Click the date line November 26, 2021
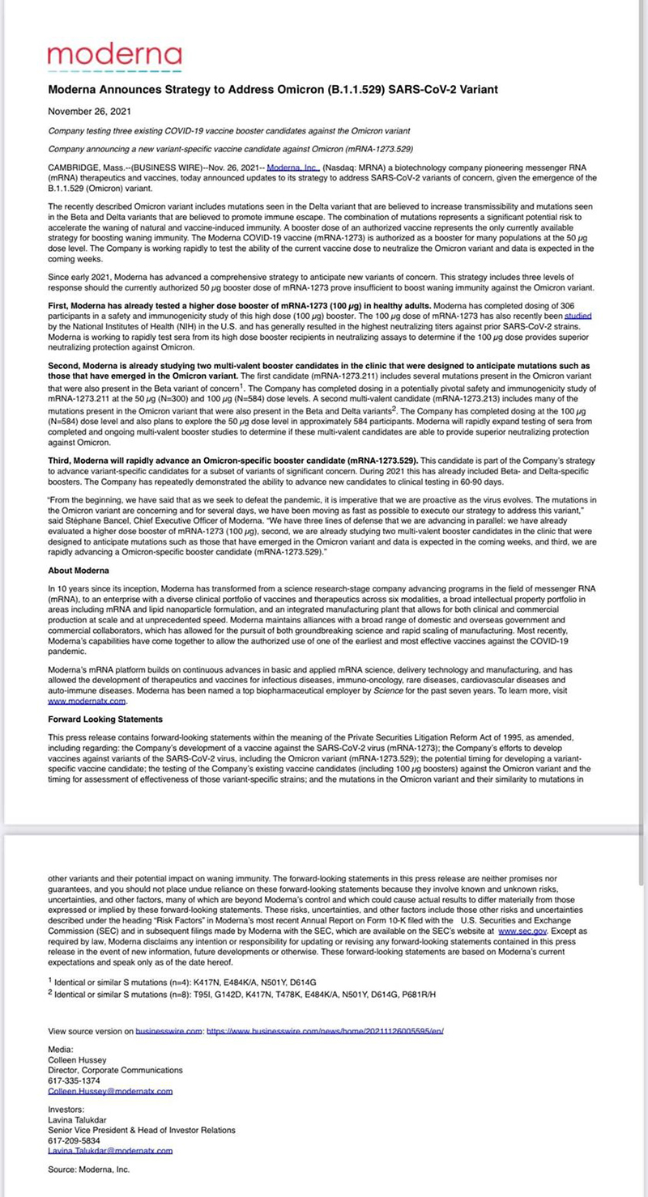click(89, 111)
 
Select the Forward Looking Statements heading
click(105, 719)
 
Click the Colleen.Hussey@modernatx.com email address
click(110, 1091)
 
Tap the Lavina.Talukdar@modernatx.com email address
click(110, 1150)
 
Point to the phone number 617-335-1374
click(75, 1080)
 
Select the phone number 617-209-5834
click(75, 1140)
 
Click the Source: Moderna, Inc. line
click(88, 1169)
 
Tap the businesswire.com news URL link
click(325, 1031)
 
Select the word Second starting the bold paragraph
click(66, 366)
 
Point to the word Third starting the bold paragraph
click(61, 460)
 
